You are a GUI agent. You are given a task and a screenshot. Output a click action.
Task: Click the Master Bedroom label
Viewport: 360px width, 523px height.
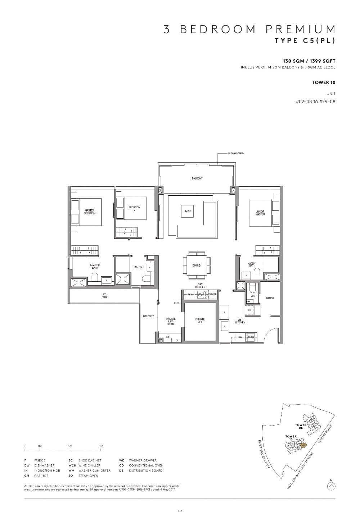point(90,212)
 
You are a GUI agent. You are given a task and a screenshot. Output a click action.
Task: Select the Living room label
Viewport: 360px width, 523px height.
point(188,211)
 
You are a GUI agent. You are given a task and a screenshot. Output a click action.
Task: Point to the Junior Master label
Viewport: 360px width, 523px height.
point(260,213)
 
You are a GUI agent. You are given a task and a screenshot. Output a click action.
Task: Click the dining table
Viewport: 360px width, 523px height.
point(197,265)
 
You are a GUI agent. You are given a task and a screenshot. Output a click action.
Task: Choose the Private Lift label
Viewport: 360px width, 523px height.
point(200,320)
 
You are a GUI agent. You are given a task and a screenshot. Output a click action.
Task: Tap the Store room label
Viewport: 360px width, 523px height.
point(270,298)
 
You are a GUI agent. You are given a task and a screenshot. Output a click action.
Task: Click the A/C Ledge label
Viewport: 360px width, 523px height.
point(104,296)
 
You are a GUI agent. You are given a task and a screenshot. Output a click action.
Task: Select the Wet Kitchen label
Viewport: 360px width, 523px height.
point(240,321)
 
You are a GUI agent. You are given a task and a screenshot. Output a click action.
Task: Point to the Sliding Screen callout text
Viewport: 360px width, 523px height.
point(236,154)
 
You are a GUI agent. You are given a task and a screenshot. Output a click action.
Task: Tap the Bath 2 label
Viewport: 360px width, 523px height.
point(138,267)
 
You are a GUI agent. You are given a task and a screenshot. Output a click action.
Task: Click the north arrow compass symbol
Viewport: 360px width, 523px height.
point(332,486)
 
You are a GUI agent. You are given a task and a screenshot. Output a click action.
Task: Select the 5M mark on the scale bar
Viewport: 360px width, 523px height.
point(100,446)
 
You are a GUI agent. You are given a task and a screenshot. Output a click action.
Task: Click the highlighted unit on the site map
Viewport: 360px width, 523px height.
point(303,445)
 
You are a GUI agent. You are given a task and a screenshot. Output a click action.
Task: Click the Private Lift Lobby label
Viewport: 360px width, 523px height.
point(171,322)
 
